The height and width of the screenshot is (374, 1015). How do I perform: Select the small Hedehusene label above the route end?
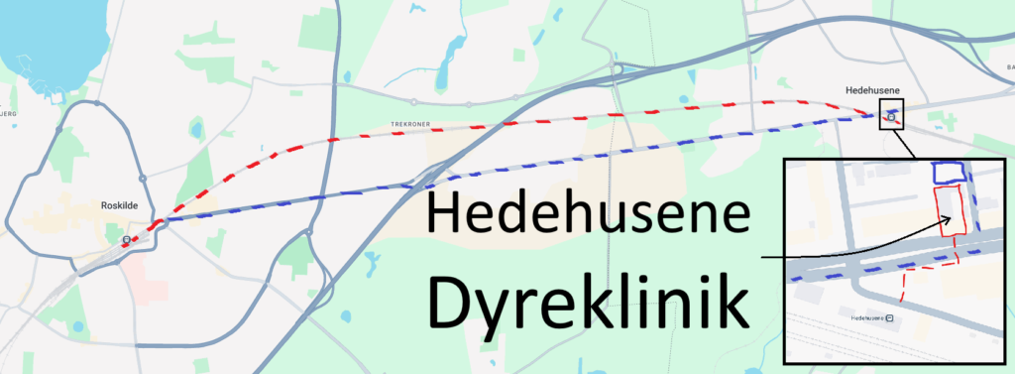coord(871,90)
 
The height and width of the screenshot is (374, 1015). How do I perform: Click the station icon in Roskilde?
coord(126,239)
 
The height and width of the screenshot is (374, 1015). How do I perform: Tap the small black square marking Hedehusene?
coord(892,117)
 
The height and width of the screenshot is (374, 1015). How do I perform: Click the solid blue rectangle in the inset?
coord(949,172)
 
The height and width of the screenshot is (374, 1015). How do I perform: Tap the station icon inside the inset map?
coord(890,317)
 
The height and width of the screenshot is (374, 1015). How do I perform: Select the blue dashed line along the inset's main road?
coord(872,266)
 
